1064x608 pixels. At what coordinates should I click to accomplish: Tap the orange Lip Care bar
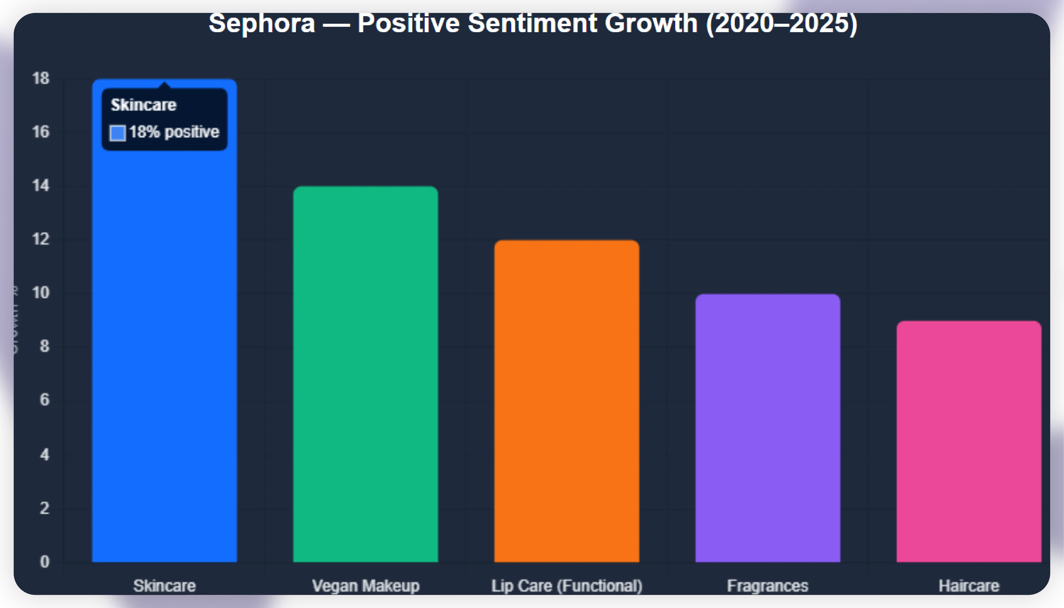pyautogui.click(x=567, y=401)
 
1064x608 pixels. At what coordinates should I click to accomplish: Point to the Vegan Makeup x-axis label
pyautogui.click(x=366, y=586)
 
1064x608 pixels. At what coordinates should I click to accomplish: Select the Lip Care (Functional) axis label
pyautogui.click(x=567, y=586)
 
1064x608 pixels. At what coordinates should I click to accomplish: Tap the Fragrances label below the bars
pyautogui.click(x=767, y=586)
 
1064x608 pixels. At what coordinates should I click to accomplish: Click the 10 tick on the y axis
pyautogui.click(x=41, y=293)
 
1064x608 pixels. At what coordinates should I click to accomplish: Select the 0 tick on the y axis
pyautogui.click(x=44, y=562)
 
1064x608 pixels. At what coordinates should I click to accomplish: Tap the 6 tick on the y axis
pyautogui.click(x=44, y=400)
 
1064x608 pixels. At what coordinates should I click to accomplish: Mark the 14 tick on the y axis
pyautogui.click(x=41, y=185)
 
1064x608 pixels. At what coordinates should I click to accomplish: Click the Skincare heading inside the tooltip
pyautogui.click(x=143, y=105)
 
